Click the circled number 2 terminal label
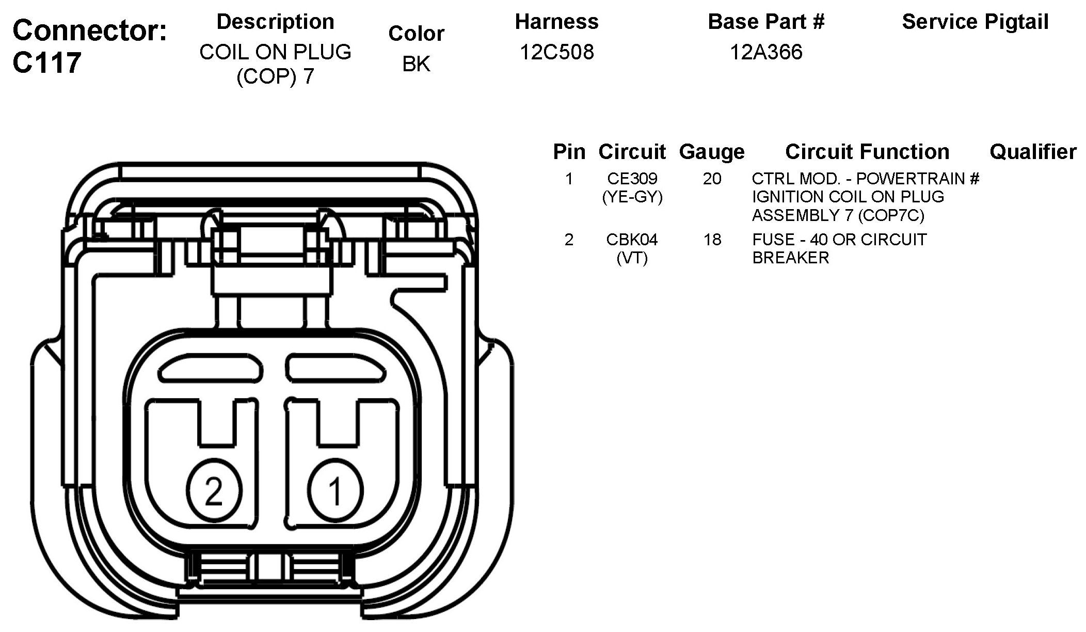point(214,490)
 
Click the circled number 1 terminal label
point(336,490)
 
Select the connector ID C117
point(47,62)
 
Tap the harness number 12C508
point(556,52)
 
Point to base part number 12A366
point(766,52)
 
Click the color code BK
point(416,64)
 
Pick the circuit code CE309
point(632,179)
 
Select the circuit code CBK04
point(632,240)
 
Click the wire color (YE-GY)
point(632,197)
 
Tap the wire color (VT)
point(632,258)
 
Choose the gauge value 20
point(712,179)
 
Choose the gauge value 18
point(712,240)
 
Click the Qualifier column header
point(1033,152)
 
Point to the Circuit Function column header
point(867,152)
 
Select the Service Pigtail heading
point(975,22)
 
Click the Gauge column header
point(712,152)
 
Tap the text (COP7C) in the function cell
point(891,215)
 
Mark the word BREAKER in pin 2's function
point(790,258)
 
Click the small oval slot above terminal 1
point(336,368)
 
